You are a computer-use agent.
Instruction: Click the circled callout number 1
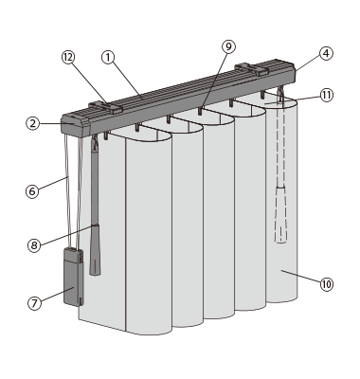pos(108,58)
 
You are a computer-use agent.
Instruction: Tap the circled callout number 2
pos(33,123)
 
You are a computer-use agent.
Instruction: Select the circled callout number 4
pos(326,53)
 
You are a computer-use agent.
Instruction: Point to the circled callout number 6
pos(32,191)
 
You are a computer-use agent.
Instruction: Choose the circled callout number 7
pos(34,303)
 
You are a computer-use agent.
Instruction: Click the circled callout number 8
pos(34,245)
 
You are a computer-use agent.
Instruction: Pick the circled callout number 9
pos(228,46)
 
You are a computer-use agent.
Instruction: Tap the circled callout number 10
pos(327,284)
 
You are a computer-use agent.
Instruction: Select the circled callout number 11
pos(327,95)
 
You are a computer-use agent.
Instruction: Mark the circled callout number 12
pos(68,58)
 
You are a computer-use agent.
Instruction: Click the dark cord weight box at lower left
pos(74,277)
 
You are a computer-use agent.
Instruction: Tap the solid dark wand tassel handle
pos(95,249)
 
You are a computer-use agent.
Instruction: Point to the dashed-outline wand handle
pos(280,215)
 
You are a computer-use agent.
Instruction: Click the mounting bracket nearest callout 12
pos(105,108)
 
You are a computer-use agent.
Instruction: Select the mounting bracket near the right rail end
pos(252,69)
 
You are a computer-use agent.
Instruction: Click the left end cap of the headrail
pos(75,125)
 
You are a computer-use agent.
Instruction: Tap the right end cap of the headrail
pos(291,72)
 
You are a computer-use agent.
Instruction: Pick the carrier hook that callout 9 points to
pos(200,111)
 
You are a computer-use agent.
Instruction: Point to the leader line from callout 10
pos(300,277)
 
